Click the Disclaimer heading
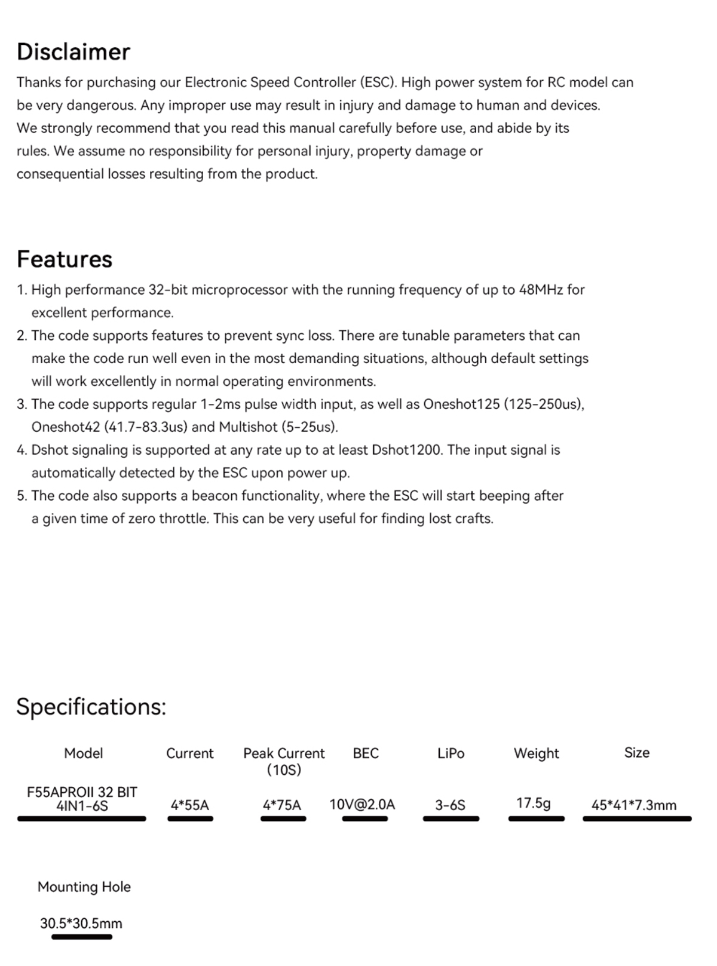(73, 52)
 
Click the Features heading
(65, 259)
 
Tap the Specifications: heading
(91, 707)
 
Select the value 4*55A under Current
(190, 805)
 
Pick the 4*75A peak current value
(282, 805)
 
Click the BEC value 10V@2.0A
(362, 805)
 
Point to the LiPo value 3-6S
(450, 805)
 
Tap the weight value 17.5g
(534, 803)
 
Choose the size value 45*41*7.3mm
(634, 805)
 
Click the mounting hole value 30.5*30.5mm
(81, 924)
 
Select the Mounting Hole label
(84, 887)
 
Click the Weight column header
(536, 754)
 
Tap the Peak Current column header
(284, 754)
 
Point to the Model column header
(84, 754)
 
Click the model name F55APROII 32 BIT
(82, 792)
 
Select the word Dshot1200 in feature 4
(406, 450)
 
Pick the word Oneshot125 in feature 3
(461, 404)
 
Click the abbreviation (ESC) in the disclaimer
(378, 82)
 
